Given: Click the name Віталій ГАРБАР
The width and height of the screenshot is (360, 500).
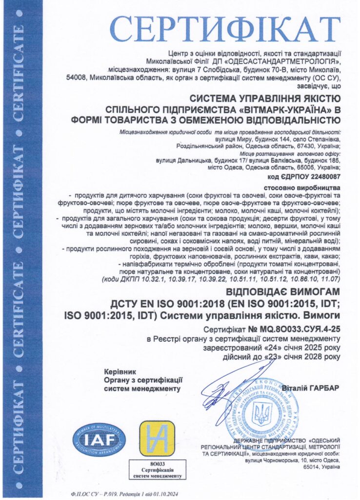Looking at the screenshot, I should pos(310,387).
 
